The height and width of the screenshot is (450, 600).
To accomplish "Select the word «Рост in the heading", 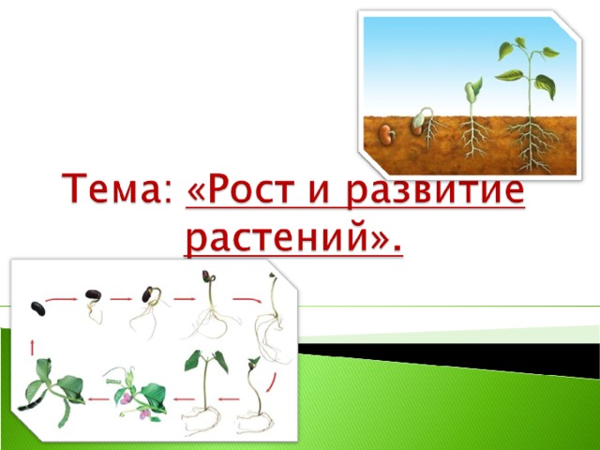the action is coord(242,189).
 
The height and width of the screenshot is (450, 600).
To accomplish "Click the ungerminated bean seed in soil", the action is coord(387,134).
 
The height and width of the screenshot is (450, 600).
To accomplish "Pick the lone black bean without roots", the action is coord(37,308).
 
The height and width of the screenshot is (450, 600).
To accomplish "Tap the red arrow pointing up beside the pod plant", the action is coord(33,348).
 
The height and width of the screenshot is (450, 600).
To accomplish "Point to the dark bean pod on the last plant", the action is coord(30,404).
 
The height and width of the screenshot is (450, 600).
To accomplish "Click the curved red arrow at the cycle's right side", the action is coord(271,382).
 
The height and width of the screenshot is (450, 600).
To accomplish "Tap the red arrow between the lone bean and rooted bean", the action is coord(61,300).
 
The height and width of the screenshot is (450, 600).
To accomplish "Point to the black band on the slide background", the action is coord(449,359).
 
